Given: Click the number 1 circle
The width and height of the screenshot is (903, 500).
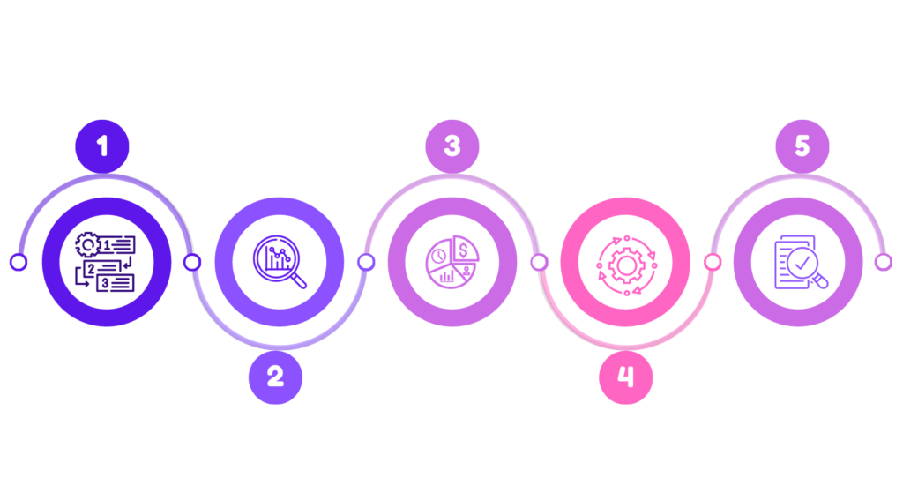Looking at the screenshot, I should point(102,146).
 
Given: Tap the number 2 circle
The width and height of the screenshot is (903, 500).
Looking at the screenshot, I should point(275,377).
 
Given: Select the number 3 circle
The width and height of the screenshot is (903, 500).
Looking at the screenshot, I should point(452,146).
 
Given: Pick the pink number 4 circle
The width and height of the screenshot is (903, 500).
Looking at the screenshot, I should point(625,377).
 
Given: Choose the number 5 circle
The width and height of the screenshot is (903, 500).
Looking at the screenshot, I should point(802,146).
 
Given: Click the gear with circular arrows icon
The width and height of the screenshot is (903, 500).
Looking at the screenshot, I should point(625,262).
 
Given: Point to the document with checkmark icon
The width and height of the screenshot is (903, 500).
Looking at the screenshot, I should point(799,262).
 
